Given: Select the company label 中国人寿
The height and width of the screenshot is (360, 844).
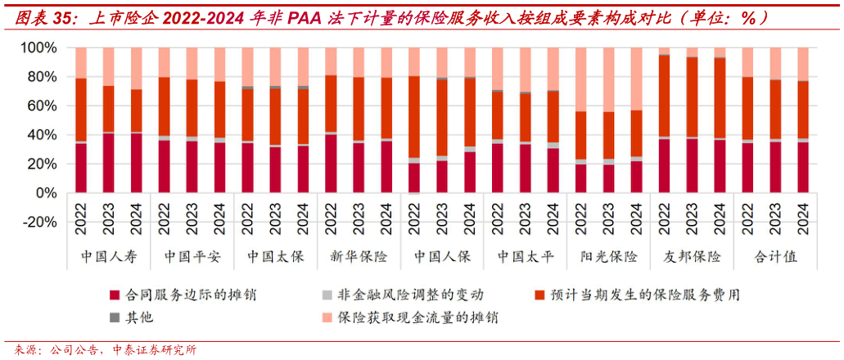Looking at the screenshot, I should tap(108, 257).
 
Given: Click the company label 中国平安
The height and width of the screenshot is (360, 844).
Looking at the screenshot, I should tap(192, 257).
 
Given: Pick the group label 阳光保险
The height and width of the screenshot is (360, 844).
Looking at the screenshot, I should tap(609, 257).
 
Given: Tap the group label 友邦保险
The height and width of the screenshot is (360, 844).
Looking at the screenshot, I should tap(693, 257).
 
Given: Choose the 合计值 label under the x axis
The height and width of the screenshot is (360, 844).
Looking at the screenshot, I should tap(776, 257).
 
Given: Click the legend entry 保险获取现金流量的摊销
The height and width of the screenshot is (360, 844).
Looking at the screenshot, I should tap(417, 317).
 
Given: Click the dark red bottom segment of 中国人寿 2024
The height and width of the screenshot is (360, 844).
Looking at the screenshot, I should tap(136, 163).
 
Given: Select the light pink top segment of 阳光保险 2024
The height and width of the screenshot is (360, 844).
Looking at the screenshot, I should tap(637, 79).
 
